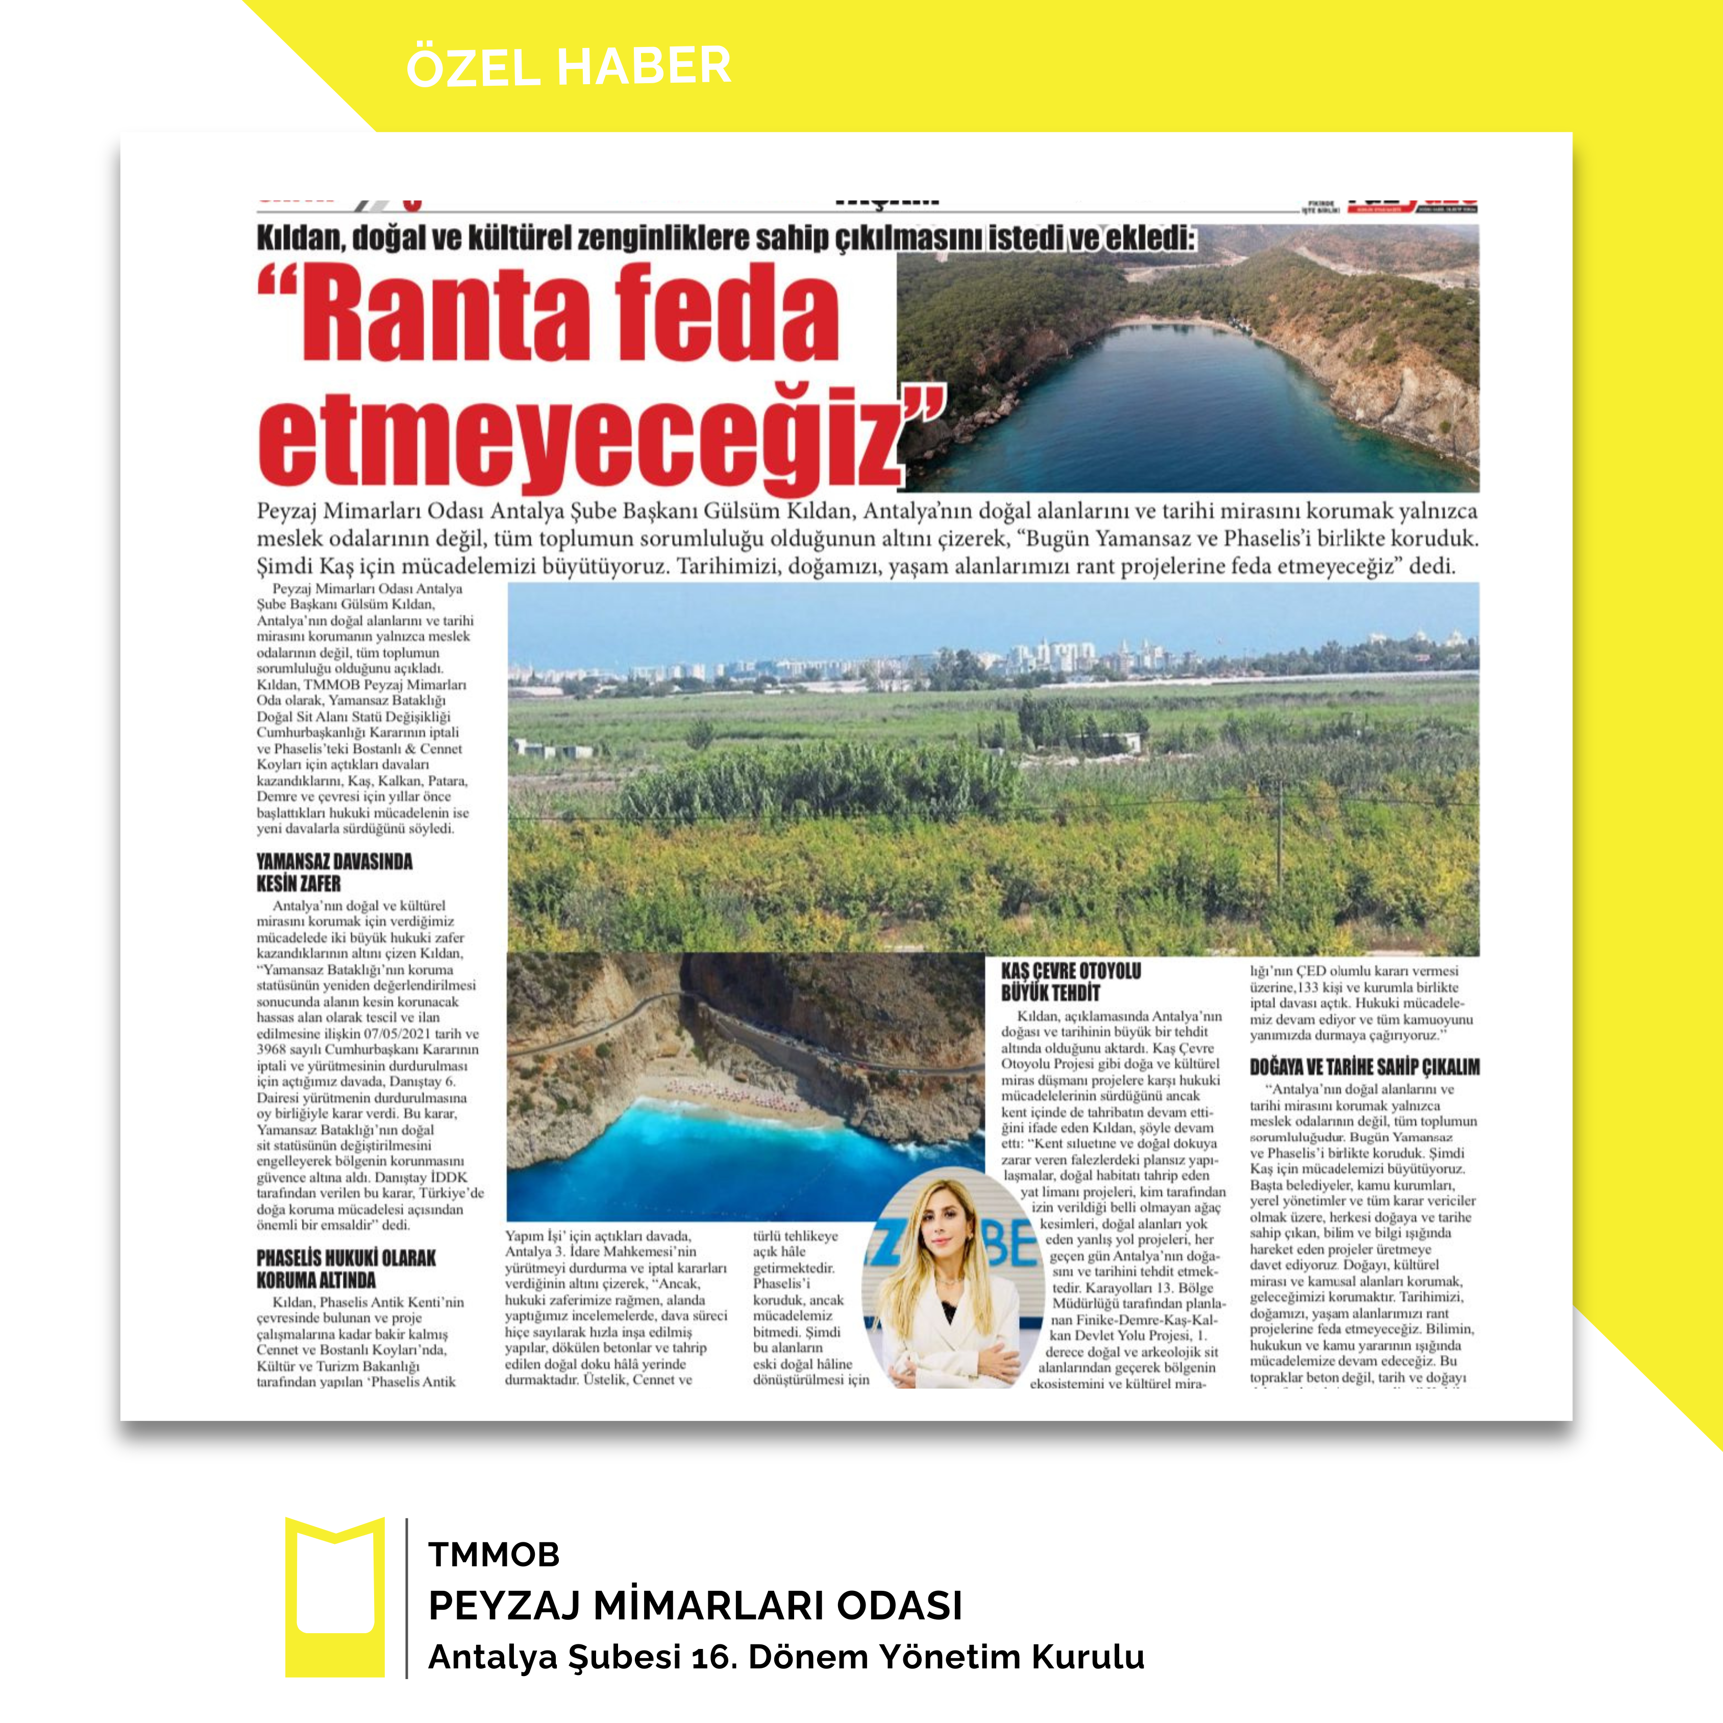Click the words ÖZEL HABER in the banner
568,67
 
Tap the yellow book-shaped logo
334,1596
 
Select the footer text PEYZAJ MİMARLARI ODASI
695,1605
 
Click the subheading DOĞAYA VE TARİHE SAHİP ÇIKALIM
1364,1067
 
